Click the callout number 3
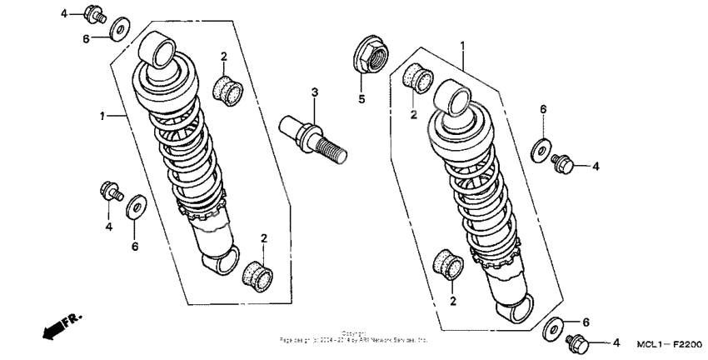click(x=315, y=91)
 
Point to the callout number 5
click(x=361, y=99)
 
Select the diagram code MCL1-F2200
click(x=670, y=343)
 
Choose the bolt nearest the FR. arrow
click(x=109, y=191)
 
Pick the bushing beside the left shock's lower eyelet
click(x=257, y=272)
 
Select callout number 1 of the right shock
click(x=463, y=43)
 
